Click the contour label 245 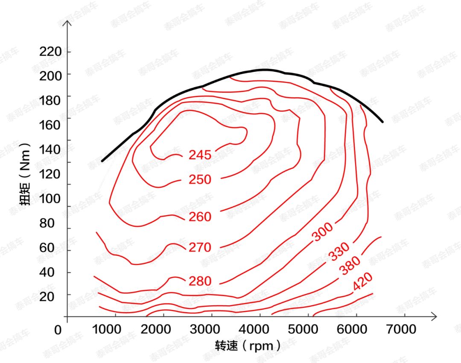click(x=200, y=155)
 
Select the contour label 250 click(x=200, y=180)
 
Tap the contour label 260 click(x=200, y=217)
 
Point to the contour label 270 click(x=200, y=247)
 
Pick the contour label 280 click(x=200, y=281)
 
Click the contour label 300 click(x=323, y=232)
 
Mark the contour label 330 click(x=339, y=252)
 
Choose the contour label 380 click(x=350, y=266)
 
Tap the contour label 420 click(x=363, y=282)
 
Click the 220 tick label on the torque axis click(x=50, y=52)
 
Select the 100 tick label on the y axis click(x=50, y=199)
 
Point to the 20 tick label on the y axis click(x=47, y=297)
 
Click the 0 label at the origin click(x=58, y=330)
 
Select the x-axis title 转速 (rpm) click(x=248, y=345)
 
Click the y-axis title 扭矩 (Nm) click(x=25, y=174)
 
